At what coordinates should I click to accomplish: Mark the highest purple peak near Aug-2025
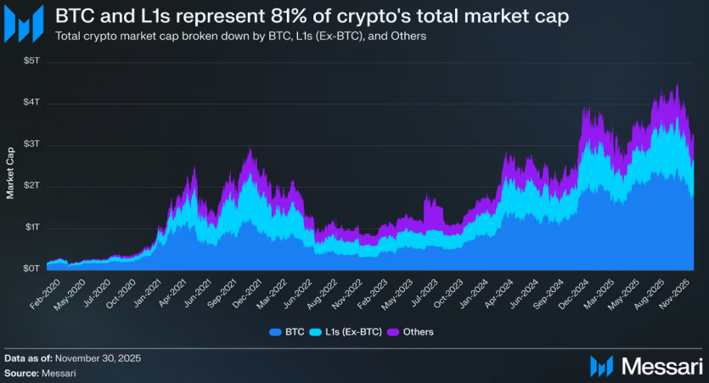677,85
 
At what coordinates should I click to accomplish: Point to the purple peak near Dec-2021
250,149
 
